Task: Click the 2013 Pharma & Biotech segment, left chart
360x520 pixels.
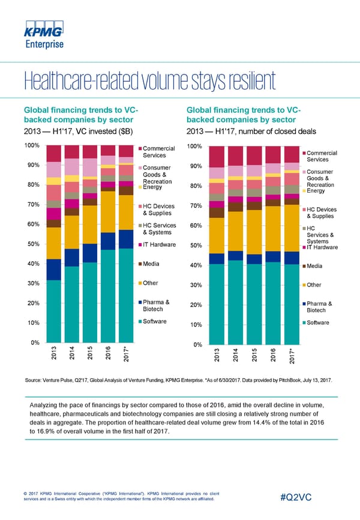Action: (53, 270)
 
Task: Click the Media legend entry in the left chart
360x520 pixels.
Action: (152, 264)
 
